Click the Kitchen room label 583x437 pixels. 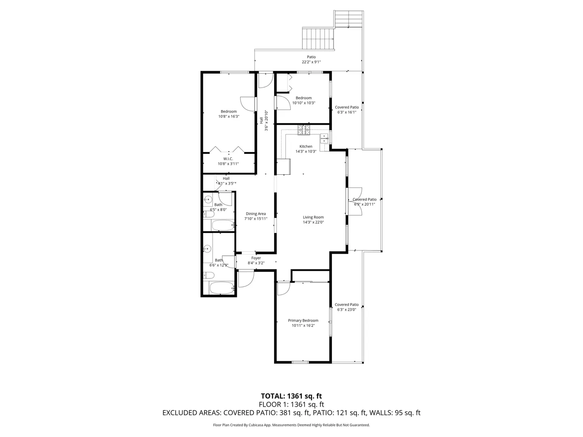click(306, 146)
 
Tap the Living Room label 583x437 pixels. click(313, 217)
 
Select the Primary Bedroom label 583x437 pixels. click(303, 320)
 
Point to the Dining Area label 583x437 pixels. click(255, 214)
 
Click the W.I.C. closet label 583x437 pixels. click(228, 159)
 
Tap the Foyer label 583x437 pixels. click(256, 258)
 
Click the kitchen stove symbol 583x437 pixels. click(304, 130)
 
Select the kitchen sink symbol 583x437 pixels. click(324, 138)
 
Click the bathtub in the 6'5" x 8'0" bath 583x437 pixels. click(223, 225)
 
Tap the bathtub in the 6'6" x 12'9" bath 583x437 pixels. click(222, 288)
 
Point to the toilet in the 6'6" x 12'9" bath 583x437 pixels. click(209, 275)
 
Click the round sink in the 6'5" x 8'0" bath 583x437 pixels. click(208, 199)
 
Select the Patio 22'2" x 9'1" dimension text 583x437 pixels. click(311, 62)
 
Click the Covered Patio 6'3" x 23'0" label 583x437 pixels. click(347, 307)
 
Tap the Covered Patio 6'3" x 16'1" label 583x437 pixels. click(347, 110)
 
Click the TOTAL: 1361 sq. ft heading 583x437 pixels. click(291, 396)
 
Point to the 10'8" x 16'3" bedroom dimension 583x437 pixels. click(229, 116)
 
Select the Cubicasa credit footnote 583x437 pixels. click(291, 425)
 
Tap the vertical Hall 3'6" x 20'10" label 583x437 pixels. click(264, 121)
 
